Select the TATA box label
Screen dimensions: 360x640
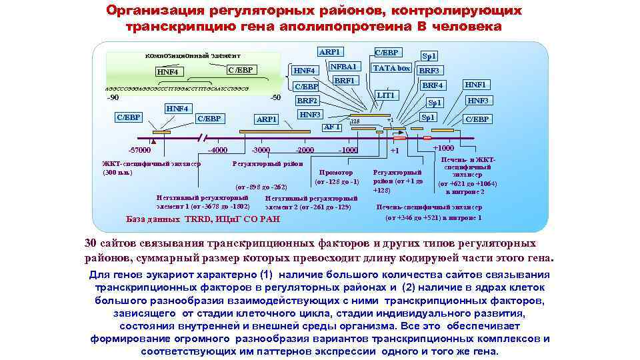tap(391, 68)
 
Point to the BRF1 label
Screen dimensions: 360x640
tap(344, 81)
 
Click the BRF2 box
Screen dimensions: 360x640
tap(307, 101)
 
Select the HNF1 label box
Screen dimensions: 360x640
tap(476, 85)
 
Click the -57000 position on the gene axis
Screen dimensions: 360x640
tap(139, 150)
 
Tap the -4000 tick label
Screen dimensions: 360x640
tap(218, 150)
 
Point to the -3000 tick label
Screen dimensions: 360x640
tap(261, 150)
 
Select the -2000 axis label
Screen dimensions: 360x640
tap(305, 150)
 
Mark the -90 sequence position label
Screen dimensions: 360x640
tap(113, 97)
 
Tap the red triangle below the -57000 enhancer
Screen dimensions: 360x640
tap(153, 142)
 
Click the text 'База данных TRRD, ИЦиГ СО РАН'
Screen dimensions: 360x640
tap(203, 220)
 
